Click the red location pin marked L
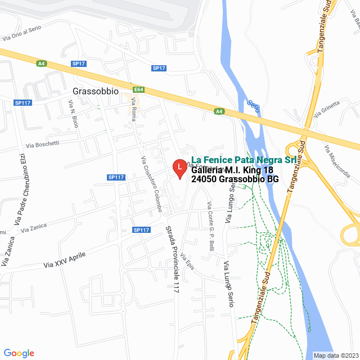(x=179, y=168)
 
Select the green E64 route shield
(x=139, y=89)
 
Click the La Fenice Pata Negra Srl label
(x=244, y=160)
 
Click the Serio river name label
(x=253, y=105)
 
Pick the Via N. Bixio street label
(x=73, y=113)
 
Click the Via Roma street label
(x=134, y=109)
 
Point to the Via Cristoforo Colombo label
(x=151, y=183)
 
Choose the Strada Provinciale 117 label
(x=172, y=258)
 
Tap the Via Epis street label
(x=187, y=261)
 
